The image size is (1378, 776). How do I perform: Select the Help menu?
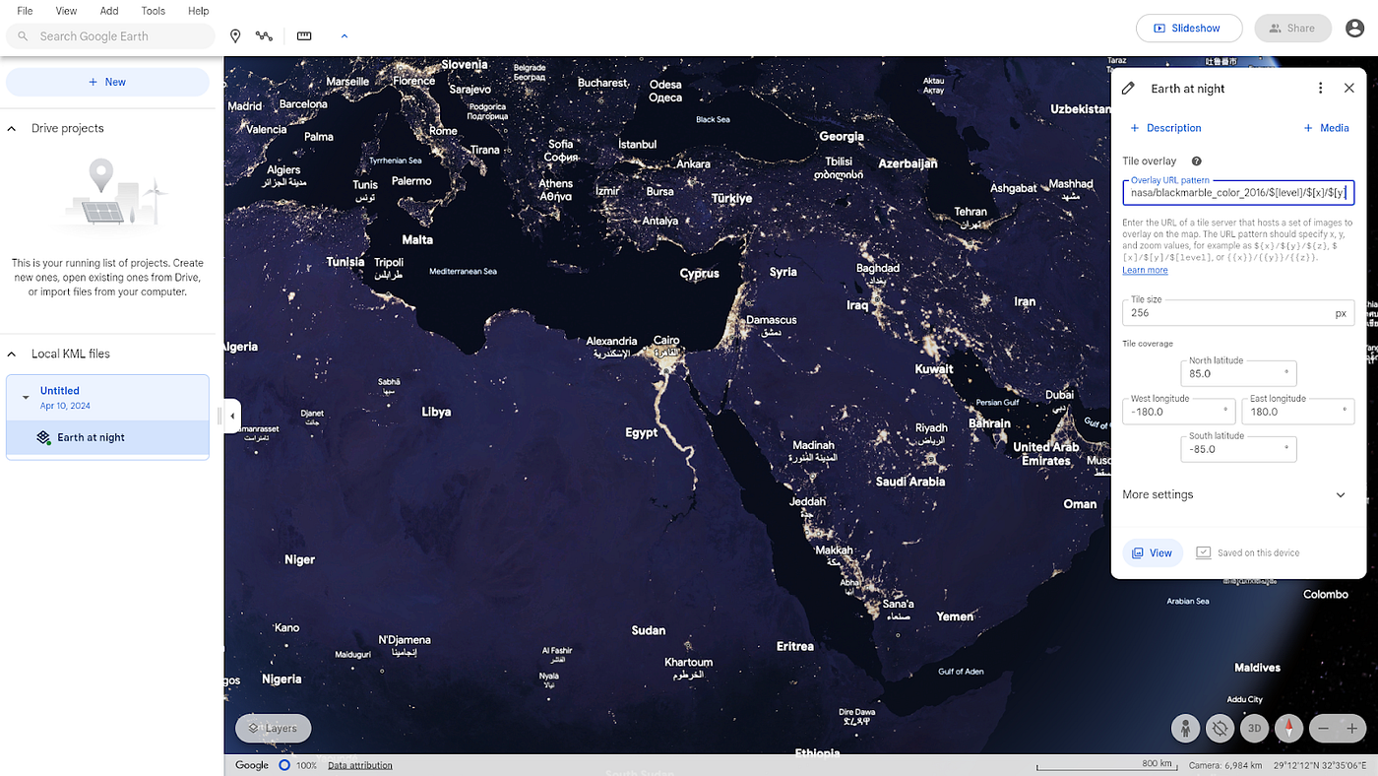point(198,11)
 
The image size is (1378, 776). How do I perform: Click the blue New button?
point(107,82)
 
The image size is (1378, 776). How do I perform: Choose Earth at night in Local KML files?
point(91,437)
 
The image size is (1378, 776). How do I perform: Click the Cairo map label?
point(666,341)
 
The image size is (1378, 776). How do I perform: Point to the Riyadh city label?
point(931,427)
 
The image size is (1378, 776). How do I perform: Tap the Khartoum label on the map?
point(688,662)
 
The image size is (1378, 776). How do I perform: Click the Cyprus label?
point(700,274)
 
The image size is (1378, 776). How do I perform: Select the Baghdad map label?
point(877,268)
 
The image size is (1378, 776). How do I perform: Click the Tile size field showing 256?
point(1230,313)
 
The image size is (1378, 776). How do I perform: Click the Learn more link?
point(1145,270)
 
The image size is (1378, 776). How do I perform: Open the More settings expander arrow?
point(1341,494)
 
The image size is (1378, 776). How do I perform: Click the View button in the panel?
point(1153,552)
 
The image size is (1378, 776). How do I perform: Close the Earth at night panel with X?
point(1348,89)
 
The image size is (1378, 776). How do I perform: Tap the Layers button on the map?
point(273,729)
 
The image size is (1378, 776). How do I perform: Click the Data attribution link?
point(359,765)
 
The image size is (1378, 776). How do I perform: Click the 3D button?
point(1254,729)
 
